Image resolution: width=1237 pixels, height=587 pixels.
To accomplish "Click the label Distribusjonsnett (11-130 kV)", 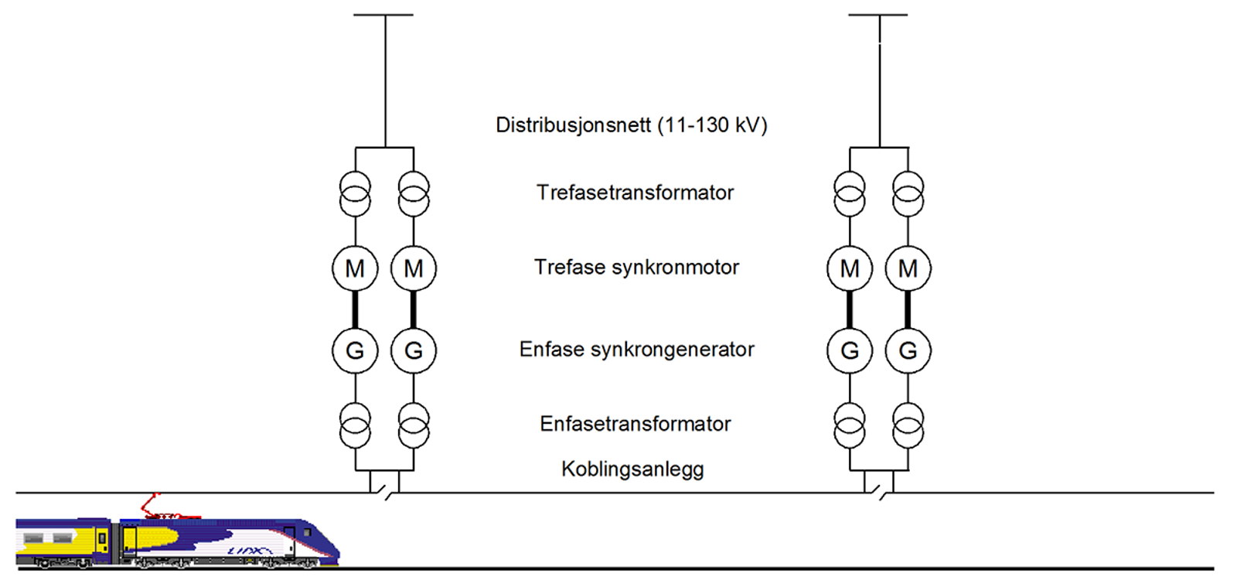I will coord(631,125).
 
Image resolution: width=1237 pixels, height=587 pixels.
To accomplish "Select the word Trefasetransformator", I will coord(635,193).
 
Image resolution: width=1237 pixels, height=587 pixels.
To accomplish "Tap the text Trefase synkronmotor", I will coord(636,268).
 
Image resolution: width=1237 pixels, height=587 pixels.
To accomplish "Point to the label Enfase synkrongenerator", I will coord(636,350).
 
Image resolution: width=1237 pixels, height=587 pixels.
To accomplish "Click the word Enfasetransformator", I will coord(635,424).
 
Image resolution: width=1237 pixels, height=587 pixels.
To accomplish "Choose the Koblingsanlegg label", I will coord(632,469).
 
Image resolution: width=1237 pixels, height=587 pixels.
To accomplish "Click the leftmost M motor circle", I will coord(355,268).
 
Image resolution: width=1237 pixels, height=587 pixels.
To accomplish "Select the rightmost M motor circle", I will coord(908,268).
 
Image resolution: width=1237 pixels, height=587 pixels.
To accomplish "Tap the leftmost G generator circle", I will coord(355,350).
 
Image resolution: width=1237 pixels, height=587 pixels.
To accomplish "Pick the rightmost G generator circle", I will coord(908,350).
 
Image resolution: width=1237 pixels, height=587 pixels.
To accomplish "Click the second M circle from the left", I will coord(414,268).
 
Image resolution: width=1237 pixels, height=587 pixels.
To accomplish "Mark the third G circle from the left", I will coord(850,350).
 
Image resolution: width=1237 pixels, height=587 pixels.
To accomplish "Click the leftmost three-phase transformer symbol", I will coord(355,193).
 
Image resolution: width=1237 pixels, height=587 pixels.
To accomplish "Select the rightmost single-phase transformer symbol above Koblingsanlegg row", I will coord(908,425).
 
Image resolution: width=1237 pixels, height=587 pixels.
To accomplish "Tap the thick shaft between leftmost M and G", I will coord(355,309).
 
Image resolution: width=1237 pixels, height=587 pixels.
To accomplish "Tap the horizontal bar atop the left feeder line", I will coord(383,15).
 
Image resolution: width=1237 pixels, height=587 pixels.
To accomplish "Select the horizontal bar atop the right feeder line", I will coord(877,15).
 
